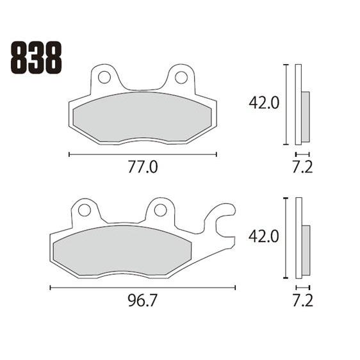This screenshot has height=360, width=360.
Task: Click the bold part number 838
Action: click(x=37, y=58)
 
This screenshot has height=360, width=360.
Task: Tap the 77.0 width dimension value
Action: click(x=142, y=168)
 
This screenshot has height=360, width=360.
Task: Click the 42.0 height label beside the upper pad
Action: click(x=264, y=102)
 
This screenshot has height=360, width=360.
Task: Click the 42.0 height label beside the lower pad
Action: click(x=264, y=236)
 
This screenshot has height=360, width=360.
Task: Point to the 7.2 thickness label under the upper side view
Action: click(x=302, y=168)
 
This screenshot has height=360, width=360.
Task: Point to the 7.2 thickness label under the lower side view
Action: click(x=302, y=300)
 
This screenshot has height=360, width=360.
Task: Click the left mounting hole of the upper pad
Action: click(x=104, y=78)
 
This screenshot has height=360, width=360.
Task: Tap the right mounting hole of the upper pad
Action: click(x=181, y=78)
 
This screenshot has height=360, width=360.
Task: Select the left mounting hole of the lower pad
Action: click(x=83, y=210)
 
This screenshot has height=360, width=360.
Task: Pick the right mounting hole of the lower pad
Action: click(x=160, y=210)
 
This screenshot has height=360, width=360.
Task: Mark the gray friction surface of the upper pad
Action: click(x=142, y=117)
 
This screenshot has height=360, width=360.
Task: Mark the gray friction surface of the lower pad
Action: click(x=122, y=250)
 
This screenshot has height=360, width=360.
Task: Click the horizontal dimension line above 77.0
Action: click(x=142, y=154)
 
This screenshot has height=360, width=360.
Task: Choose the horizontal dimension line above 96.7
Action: click(x=142, y=288)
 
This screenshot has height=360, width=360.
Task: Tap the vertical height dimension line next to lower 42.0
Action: click(x=284, y=238)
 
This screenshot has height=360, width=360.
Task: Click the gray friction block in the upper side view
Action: click(x=305, y=117)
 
